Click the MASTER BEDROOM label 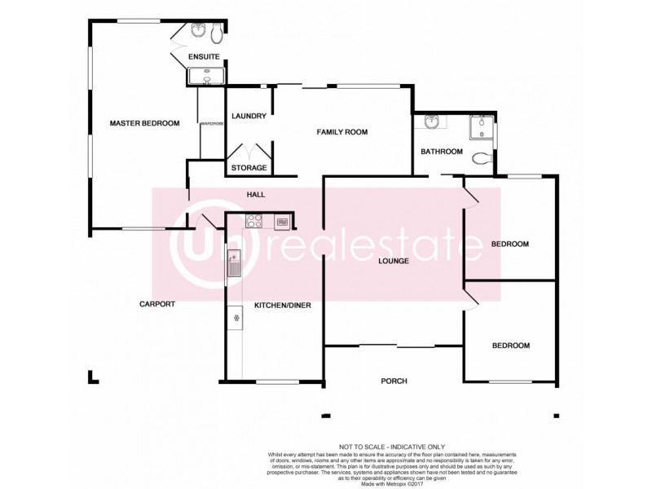[144, 123]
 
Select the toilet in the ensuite [216, 33]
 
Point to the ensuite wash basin [198, 32]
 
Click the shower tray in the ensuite [206, 77]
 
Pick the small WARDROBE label [211, 124]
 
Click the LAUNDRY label [249, 117]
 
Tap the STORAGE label [249, 168]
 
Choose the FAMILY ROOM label [343, 132]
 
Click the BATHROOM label [442, 152]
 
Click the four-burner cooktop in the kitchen [254, 221]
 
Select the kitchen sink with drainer [235, 263]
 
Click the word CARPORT [156, 304]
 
